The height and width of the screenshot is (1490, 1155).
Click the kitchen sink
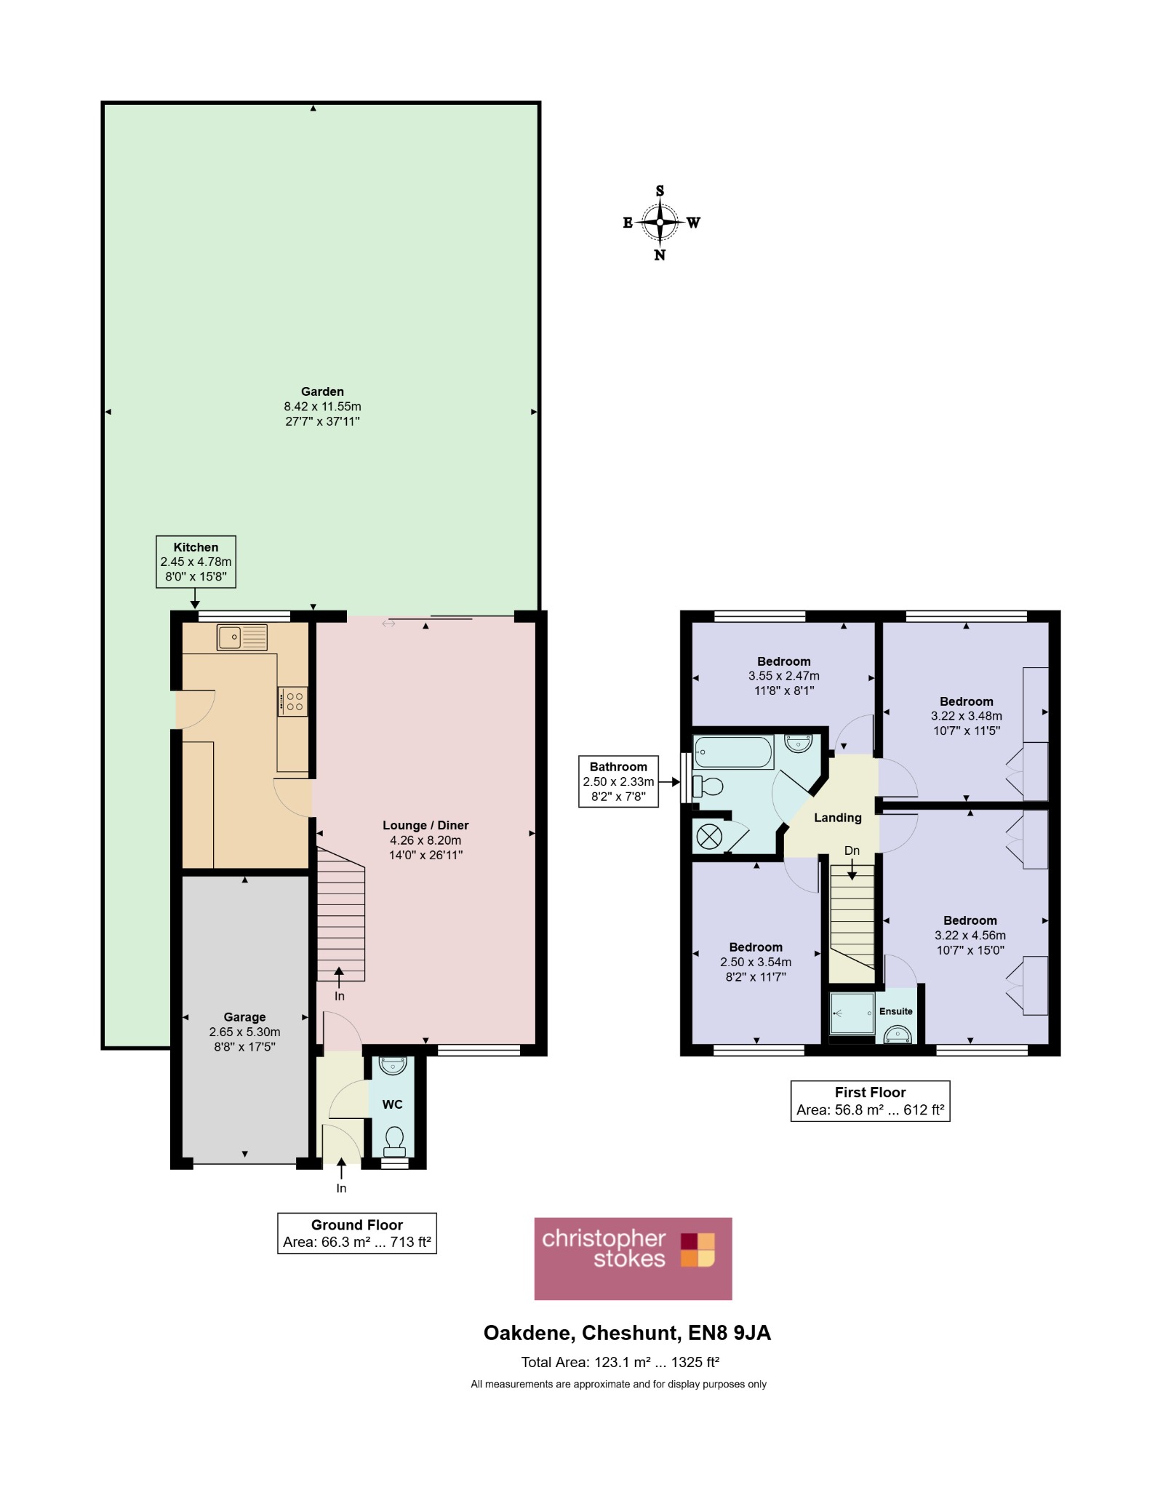coord(242,637)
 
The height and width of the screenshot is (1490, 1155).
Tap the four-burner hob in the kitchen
coord(292,701)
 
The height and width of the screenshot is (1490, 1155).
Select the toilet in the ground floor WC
coord(394,1141)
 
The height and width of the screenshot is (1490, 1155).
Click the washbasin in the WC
coord(393,1065)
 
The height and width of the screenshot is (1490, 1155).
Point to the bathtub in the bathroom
coord(733,752)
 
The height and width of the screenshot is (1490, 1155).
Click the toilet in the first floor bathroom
coord(708,786)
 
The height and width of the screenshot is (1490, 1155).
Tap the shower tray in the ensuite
coord(852,1013)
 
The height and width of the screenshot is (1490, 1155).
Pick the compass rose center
coord(660,223)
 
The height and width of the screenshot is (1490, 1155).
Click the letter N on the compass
coord(660,255)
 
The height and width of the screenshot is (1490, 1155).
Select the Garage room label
coord(244,1017)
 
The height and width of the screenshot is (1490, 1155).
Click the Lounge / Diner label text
coord(425,825)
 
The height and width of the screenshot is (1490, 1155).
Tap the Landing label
coord(838,818)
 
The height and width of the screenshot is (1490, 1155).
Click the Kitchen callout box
coord(196,562)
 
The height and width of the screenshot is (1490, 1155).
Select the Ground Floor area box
coord(356,1233)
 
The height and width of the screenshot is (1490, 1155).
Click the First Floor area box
coord(870,1101)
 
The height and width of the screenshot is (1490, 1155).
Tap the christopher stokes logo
coord(633,1259)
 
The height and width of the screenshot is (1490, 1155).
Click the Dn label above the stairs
coord(852,850)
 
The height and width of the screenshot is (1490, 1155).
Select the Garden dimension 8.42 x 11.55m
coord(322,407)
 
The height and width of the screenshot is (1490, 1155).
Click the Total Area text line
coord(620,1362)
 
